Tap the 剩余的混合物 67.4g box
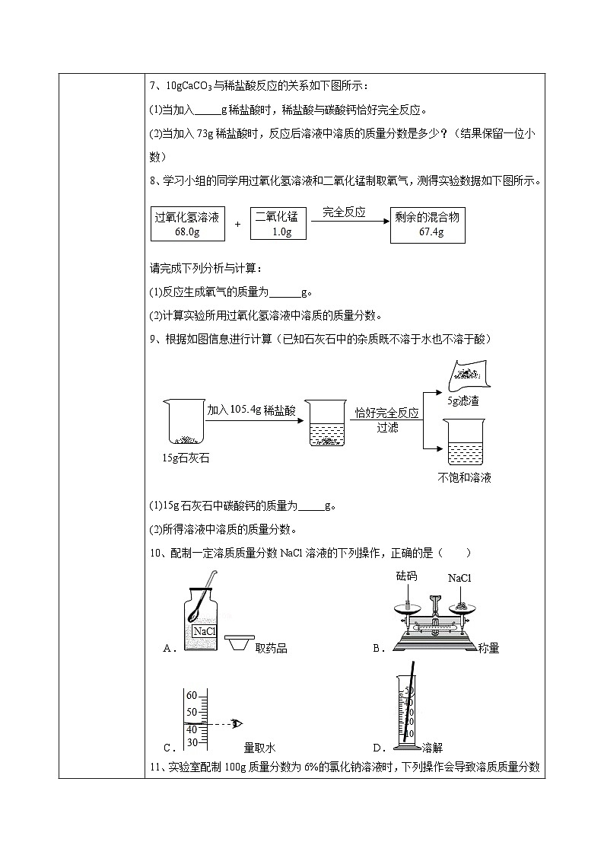(427, 225)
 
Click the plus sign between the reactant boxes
(237, 225)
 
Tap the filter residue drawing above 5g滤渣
(468, 375)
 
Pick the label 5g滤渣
(463, 400)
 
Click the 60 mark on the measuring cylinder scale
(191, 696)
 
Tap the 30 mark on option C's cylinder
(192, 742)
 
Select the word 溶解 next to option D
(431, 747)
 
